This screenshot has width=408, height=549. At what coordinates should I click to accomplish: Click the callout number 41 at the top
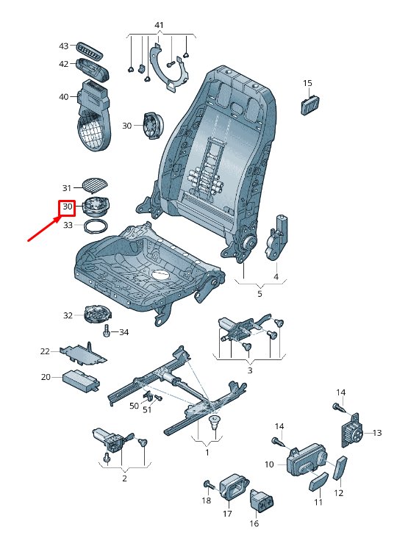159,25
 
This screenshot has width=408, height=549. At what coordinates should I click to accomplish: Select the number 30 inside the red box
68,207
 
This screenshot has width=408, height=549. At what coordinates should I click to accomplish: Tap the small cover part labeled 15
311,104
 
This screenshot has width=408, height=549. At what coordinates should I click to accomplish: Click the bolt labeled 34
107,331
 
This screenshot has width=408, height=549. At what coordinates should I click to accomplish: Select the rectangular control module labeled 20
82,379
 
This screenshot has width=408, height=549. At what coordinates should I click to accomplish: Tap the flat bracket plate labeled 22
83,354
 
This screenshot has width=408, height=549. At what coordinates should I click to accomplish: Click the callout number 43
63,46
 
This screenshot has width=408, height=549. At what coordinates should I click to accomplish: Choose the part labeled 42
93,69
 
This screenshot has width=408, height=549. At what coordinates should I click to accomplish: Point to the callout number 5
260,293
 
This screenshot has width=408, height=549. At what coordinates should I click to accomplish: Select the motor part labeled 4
278,238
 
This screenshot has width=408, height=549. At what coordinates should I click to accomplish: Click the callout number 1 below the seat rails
207,453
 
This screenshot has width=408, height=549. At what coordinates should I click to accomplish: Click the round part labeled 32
97,315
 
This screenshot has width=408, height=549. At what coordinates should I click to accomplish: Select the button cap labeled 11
319,481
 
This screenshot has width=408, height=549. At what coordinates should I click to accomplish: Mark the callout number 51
147,409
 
